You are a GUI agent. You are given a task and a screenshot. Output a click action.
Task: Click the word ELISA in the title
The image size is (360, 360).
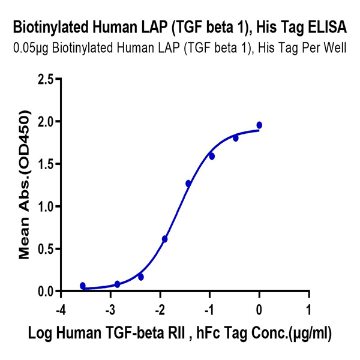pyautogui.click(x=327, y=26)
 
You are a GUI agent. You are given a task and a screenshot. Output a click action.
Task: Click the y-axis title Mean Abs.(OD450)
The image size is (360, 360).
pyautogui.click(x=25, y=184)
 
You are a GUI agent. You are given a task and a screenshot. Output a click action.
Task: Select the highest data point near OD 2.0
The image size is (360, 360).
pyautogui.click(x=259, y=125)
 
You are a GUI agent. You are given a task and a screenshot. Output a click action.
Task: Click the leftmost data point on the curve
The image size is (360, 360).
pyautogui.click(x=83, y=286)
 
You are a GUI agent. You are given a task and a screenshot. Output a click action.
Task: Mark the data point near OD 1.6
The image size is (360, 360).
pyautogui.click(x=212, y=156)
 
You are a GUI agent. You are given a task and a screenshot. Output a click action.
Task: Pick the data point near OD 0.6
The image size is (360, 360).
pyautogui.click(x=165, y=239)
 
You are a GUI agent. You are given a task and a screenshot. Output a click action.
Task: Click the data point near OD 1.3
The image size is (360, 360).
pyautogui.click(x=188, y=184)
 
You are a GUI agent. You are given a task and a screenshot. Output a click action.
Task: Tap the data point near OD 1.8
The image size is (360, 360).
pyautogui.click(x=236, y=138)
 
